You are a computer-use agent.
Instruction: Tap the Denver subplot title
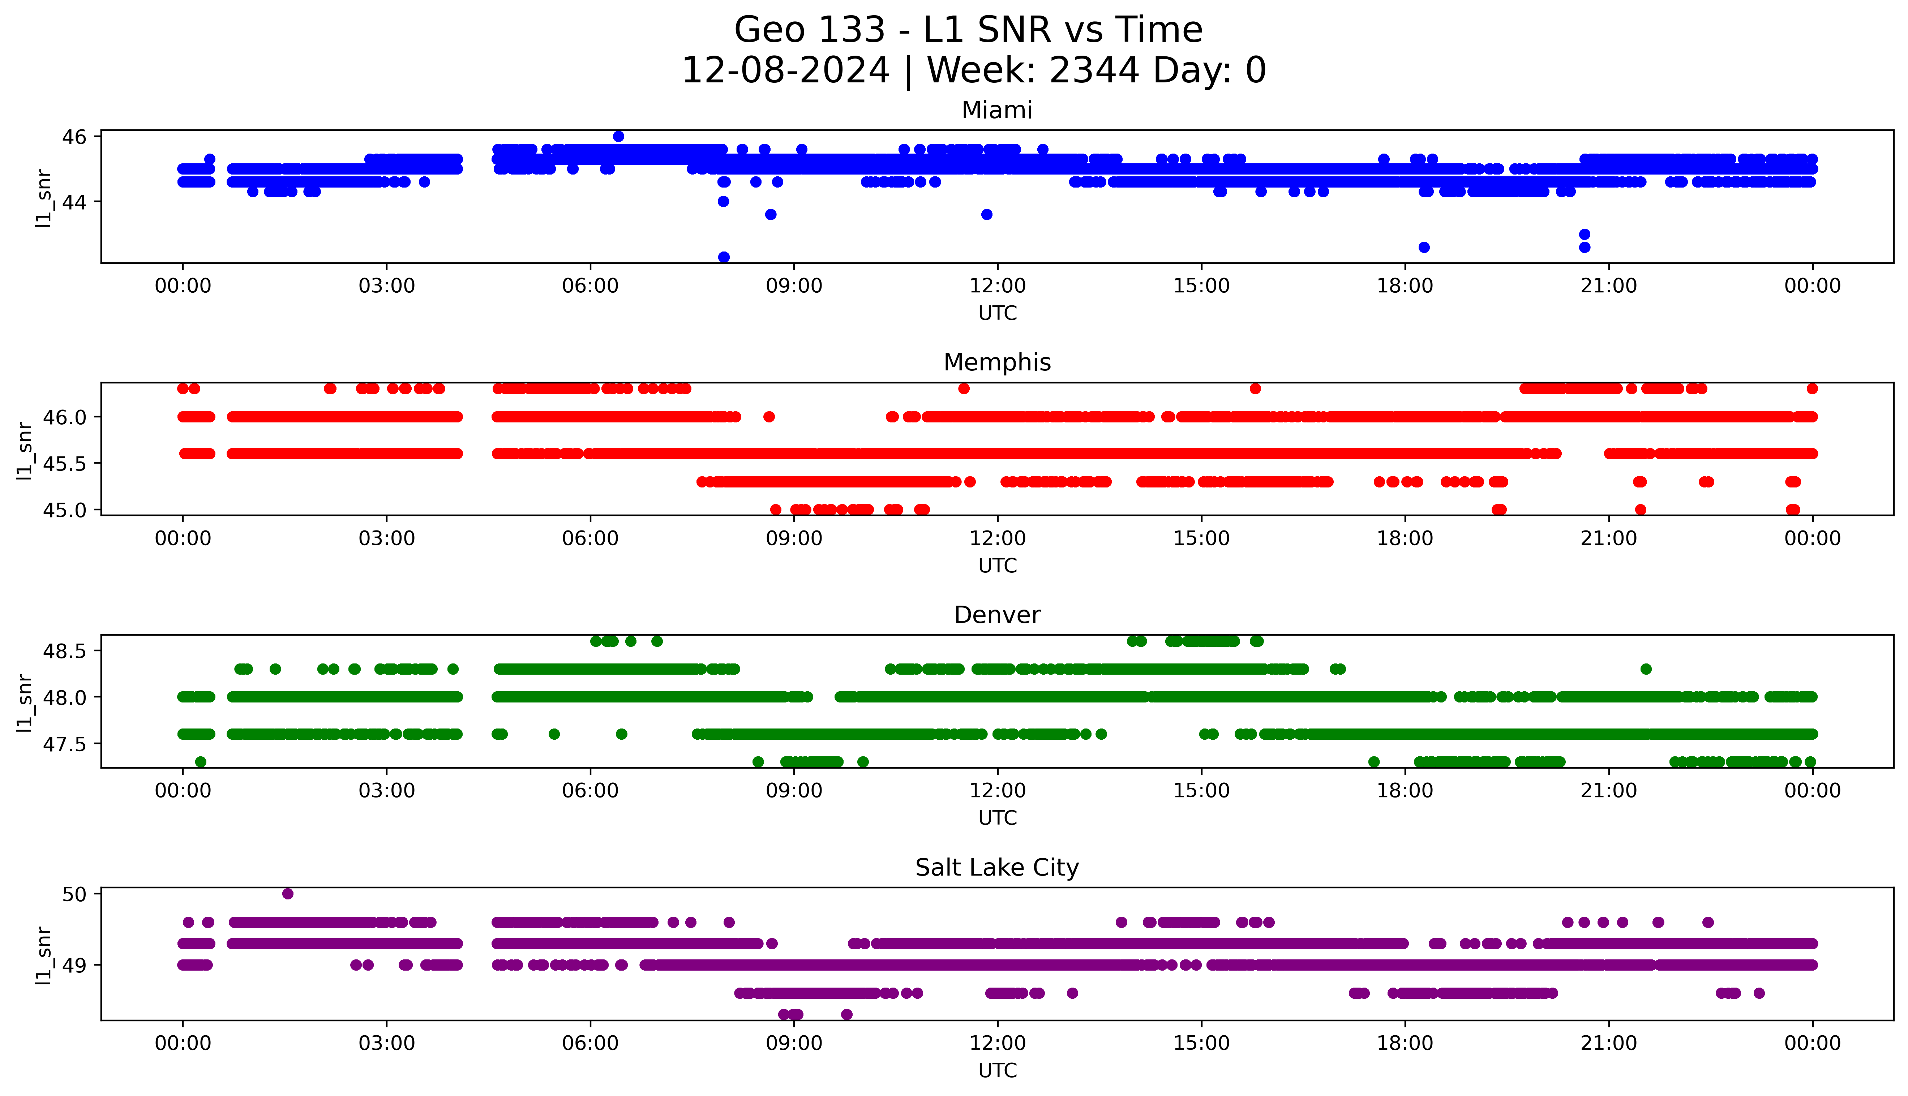pyautogui.click(x=996, y=615)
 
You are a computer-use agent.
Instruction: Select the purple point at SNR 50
pyautogui.click(x=287, y=894)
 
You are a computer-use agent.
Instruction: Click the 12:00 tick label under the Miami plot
pyautogui.click(x=997, y=286)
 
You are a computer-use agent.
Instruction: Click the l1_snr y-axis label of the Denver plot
pyautogui.click(x=25, y=702)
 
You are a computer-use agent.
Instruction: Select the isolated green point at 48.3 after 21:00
pyautogui.click(x=1646, y=669)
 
